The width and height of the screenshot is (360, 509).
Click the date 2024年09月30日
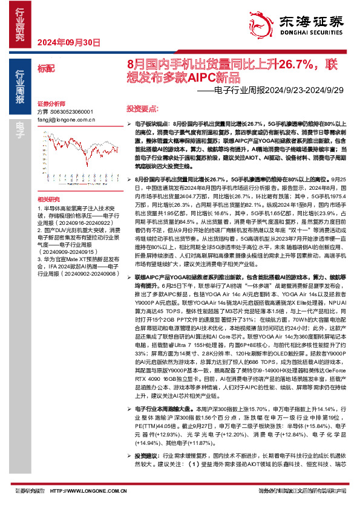point(68,42)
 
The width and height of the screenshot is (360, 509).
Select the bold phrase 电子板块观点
point(148,123)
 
